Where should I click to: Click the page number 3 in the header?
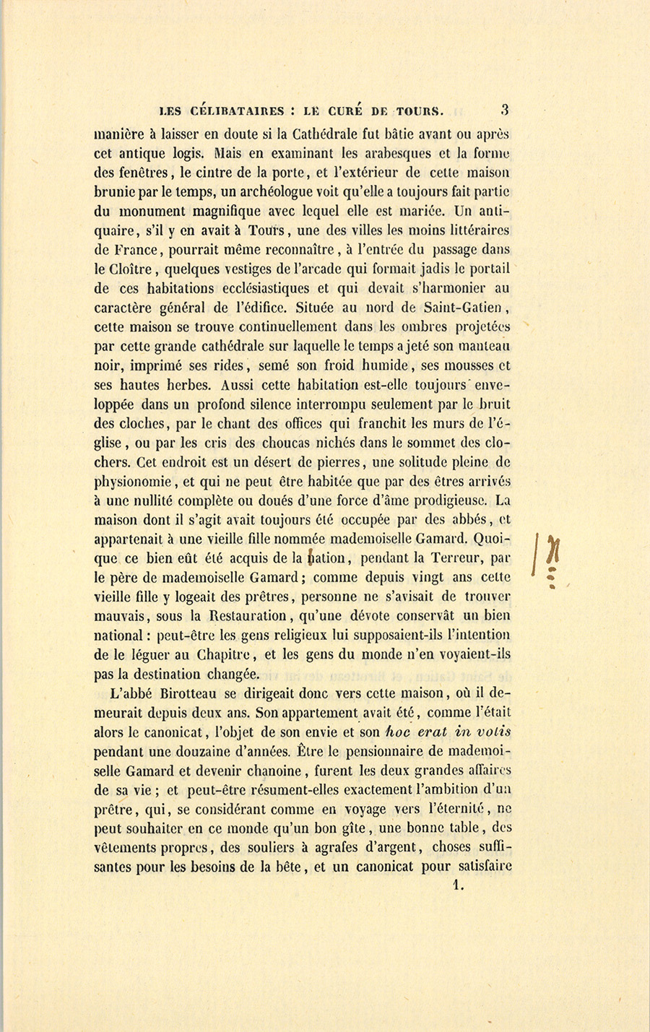coord(505,110)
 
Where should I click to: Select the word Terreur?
coord(448,558)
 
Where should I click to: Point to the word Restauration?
coord(246,616)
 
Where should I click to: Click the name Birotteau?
coord(182,694)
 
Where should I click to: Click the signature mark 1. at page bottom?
coord(456,884)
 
